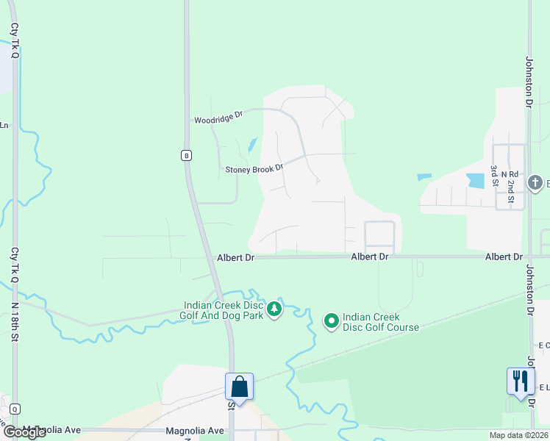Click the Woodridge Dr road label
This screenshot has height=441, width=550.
pyautogui.click(x=218, y=118)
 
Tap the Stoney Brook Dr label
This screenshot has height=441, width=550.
pyautogui.click(x=254, y=169)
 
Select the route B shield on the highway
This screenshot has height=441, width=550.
pyautogui.click(x=187, y=155)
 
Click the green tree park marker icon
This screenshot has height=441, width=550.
pyautogui.click(x=274, y=309)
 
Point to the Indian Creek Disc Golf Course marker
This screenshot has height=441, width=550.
pyautogui.click(x=331, y=320)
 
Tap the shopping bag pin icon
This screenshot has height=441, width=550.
pyautogui.click(x=239, y=387)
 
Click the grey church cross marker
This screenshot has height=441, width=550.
pyautogui.click(x=535, y=182)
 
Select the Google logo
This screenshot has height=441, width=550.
pyautogui.click(x=24, y=432)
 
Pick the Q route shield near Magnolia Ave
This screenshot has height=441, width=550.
pyautogui.click(x=15, y=409)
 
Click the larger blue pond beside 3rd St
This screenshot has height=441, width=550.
pyautogui.click(x=476, y=180)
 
